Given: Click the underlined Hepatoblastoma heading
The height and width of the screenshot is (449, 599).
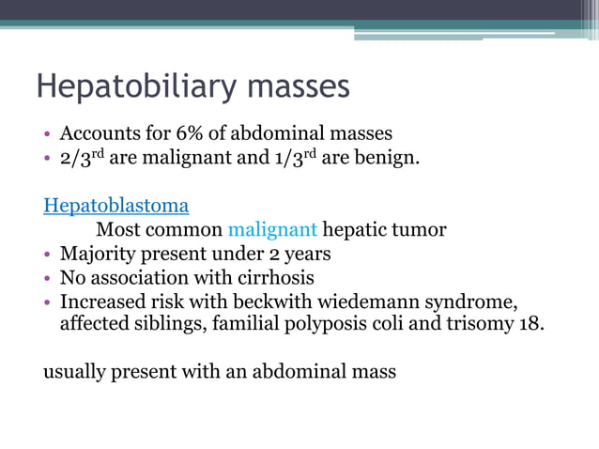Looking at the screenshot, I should (116, 205).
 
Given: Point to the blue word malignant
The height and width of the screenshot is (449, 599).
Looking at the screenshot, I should (273, 229).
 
